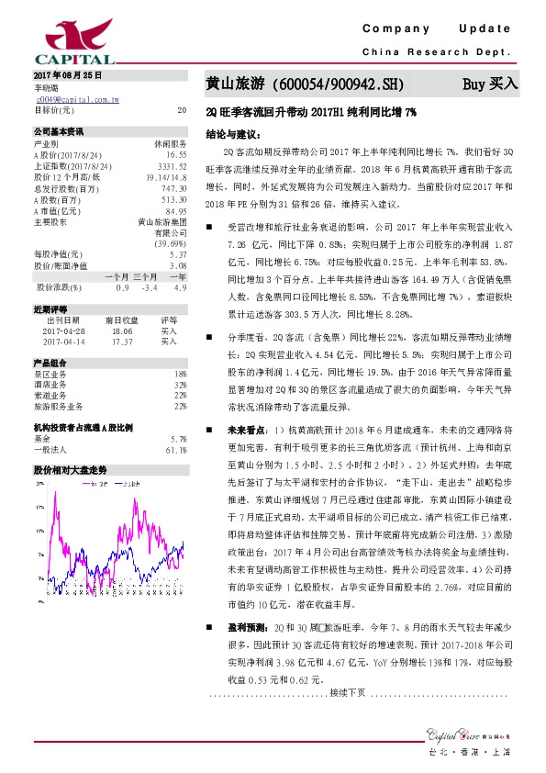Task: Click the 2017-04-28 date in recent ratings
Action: [63, 331]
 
